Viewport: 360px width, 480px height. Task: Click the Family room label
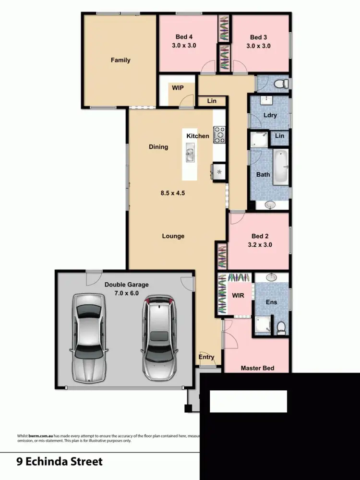tap(120, 60)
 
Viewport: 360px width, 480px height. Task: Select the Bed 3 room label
tap(258, 37)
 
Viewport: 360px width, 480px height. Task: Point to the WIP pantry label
tap(178, 88)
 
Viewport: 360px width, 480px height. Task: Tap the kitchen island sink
tap(190, 155)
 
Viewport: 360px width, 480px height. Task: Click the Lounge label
tap(173, 236)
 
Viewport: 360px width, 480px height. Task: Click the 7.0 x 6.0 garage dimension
tap(127, 292)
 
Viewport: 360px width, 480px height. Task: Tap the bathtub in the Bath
tap(281, 167)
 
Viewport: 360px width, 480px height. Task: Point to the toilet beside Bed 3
tap(281, 84)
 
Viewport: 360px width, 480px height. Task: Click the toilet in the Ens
tap(281, 327)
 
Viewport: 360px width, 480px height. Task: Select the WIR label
tap(238, 295)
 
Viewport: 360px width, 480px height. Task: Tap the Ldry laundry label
tap(270, 115)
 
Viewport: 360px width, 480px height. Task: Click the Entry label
tap(206, 357)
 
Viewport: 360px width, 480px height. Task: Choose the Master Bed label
tap(257, 368)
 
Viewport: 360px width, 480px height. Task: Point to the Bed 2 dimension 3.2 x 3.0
tap(258, 244)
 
